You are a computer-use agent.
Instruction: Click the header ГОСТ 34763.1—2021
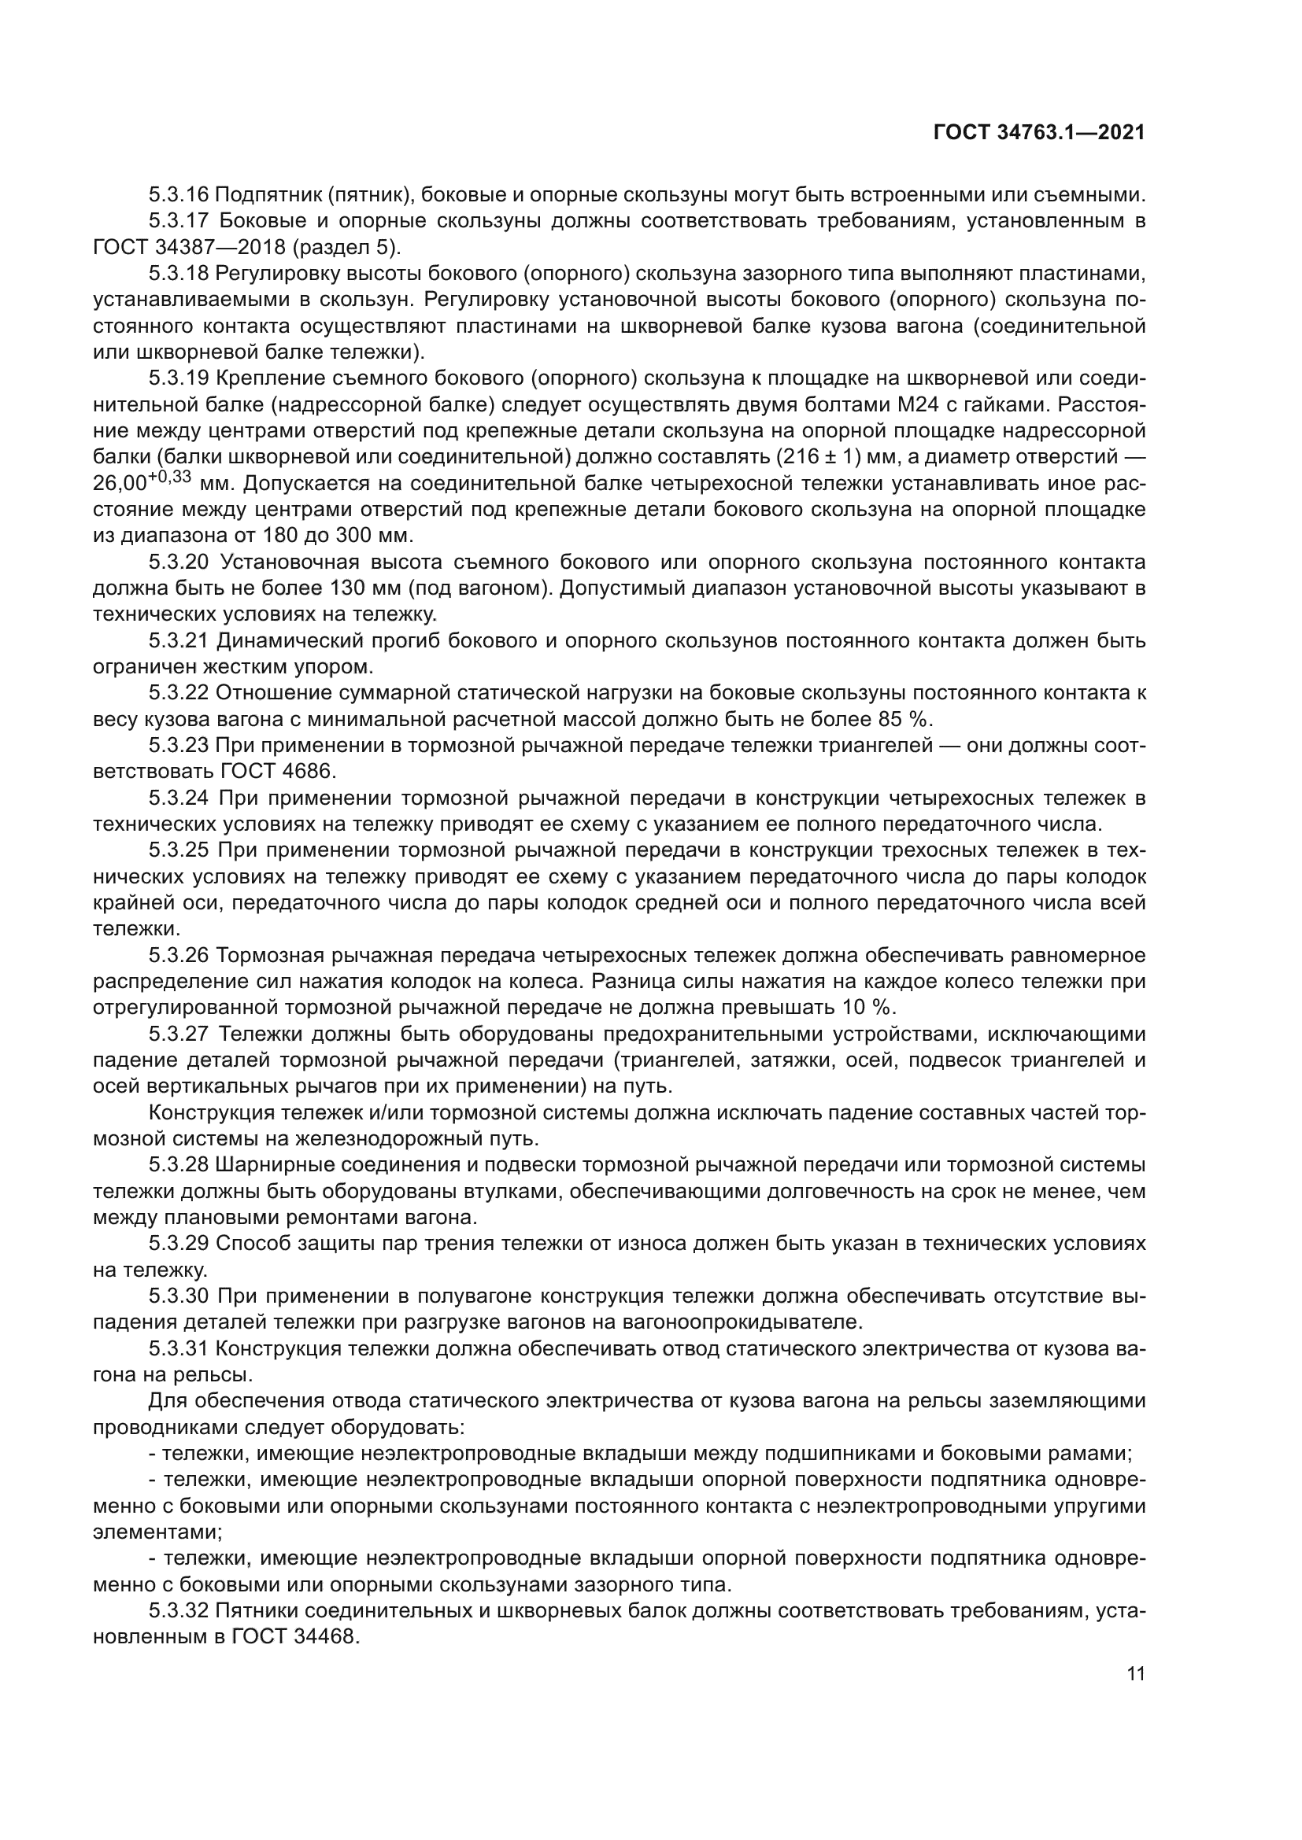coord(1039,133)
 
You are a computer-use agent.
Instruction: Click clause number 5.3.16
coord(178,195)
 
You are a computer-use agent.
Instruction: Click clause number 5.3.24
coord(178,798)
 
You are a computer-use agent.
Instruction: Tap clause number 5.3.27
coord(178,1034)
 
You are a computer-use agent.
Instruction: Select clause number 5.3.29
coord(178,1243)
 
